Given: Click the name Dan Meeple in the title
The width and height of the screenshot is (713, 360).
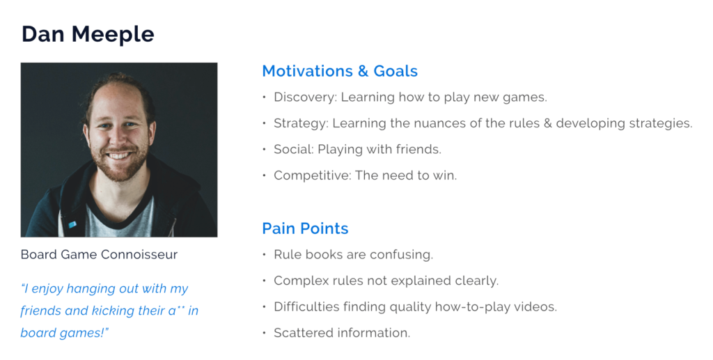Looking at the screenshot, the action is click(x=88, y=35).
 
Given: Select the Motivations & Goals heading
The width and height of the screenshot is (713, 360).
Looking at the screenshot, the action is click(x=340, y=71).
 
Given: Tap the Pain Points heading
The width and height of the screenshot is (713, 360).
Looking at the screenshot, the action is click(x=305, y=228).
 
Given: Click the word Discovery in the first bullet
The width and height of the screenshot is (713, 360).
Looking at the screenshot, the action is click(x=305, y=97).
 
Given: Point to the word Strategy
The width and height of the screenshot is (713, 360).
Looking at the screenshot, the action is click(x=301, y=124).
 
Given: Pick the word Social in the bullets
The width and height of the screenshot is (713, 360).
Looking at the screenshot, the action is click(x=294, y=150).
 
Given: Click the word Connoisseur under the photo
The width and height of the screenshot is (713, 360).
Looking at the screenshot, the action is click(x=139, y=255).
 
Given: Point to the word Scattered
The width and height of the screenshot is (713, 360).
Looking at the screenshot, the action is click(x=299, y=333).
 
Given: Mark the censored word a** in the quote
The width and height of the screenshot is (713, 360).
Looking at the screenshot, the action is click(x=176, y=311).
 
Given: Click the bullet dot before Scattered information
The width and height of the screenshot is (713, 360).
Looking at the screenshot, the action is click(x=264, y=333).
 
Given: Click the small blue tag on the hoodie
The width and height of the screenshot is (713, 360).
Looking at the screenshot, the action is click(x=72, y=224).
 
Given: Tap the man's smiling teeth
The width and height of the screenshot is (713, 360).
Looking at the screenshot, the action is click(x=119, y=156).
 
